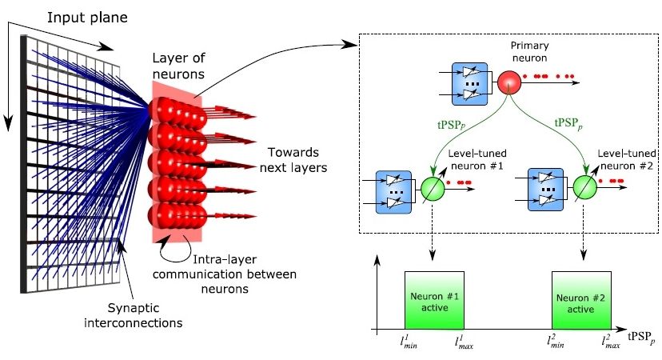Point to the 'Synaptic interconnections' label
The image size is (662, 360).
point(145,315)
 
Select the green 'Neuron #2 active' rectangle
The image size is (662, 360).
point(582,300)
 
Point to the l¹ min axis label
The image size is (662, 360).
point(409,342)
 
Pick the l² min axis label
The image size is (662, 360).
point(557,342)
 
